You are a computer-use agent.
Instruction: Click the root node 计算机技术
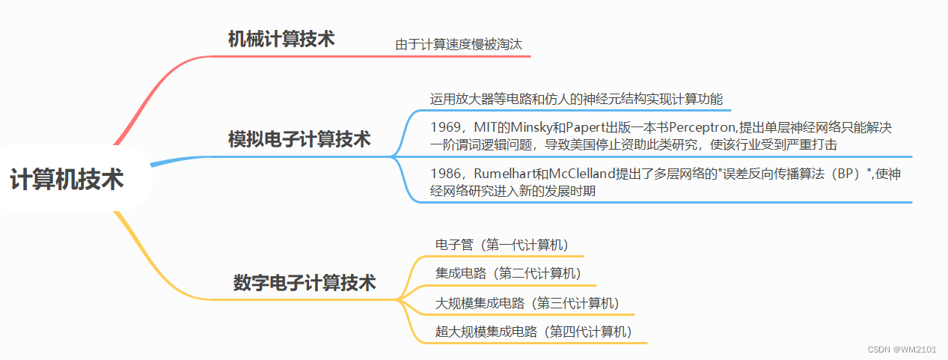pos(67,180)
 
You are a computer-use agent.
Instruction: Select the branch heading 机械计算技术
pos(281,40)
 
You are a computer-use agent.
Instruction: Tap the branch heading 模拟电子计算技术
pos(299,139)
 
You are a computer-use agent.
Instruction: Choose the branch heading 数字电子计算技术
pos(305,283)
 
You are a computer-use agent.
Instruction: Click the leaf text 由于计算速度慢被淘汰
pos(459,45)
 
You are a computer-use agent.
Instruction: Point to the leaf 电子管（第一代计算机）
pos(502,245)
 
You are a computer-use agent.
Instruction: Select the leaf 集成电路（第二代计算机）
pos(508,273)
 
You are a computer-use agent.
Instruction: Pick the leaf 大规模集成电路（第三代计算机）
pos(527,303)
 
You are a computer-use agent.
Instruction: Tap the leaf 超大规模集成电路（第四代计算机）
pos(533,332)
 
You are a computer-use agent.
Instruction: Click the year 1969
pos(446,128)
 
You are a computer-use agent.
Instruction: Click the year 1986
pos(446,174)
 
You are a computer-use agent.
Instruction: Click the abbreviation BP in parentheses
pos(846,174)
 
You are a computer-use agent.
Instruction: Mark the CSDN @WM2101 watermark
pos(905,350)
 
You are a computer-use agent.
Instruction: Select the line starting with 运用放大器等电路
pos(576,99)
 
